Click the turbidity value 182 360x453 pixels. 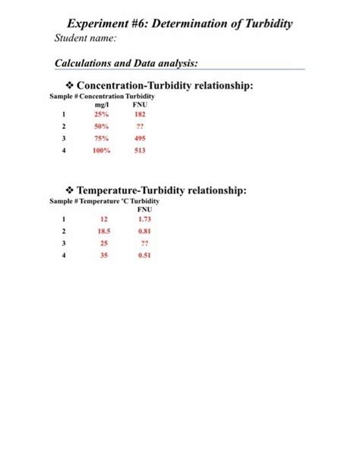[140, 114]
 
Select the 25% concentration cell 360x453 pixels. [101, 114]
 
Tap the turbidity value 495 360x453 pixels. [140, 139]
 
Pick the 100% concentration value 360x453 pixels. [101, 151]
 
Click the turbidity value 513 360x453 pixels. [140, 151]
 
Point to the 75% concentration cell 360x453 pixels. [101, 139]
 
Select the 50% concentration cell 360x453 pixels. [101, 126]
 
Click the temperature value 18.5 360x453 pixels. [105, 230]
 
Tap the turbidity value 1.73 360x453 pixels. [144, 219]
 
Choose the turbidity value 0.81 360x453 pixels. [144, 230]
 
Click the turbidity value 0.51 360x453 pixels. [144, 256]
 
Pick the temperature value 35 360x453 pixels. [104, 256]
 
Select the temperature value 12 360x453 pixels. [104, 219]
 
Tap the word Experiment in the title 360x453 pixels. [102, 24]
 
